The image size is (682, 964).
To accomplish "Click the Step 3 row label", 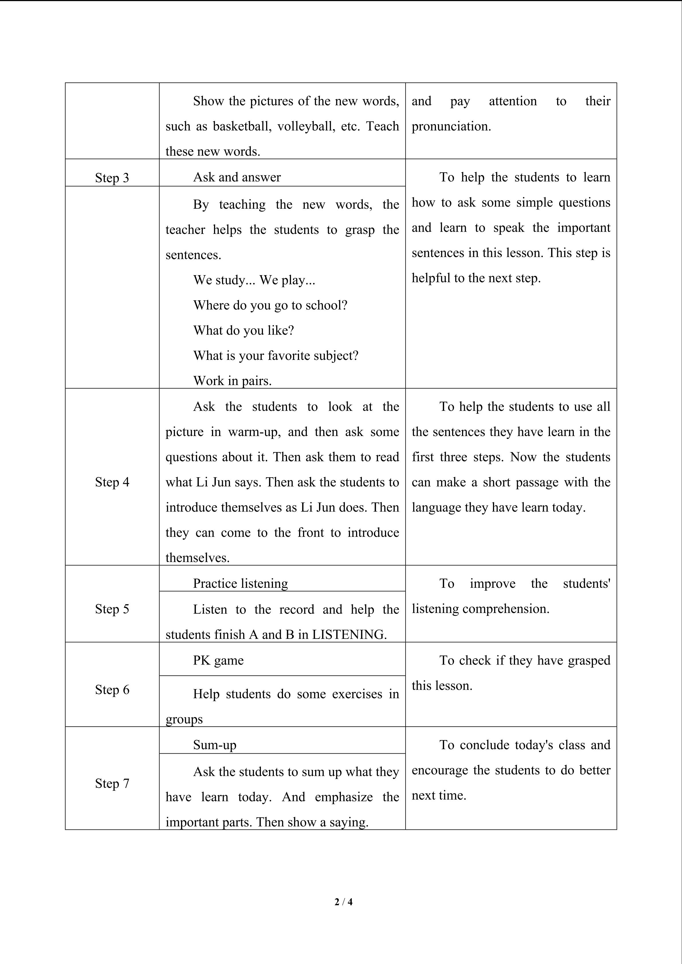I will coord(112,178).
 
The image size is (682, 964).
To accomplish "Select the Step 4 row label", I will coord(112,482).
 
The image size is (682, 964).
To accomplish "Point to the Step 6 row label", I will coord(112,689).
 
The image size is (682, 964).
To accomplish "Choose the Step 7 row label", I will coord(112,783).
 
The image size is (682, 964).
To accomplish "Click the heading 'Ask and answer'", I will coord(237,177).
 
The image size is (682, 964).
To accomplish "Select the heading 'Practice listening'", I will coord(240,583).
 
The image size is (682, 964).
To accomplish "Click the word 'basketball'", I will coord(241,126).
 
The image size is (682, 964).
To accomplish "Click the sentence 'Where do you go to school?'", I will coord(270,305).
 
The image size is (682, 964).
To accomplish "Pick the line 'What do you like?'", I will coord(243,330).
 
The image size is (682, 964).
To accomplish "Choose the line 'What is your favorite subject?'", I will coord(276,356).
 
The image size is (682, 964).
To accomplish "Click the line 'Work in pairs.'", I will coord(232,381).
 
